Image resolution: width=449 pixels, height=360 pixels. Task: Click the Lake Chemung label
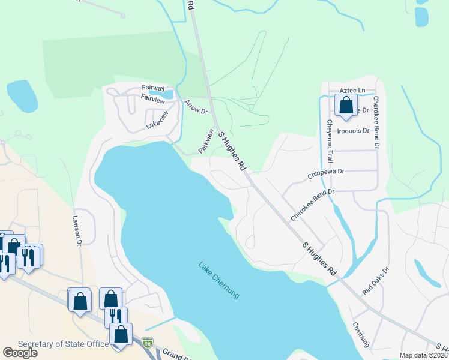click(218, 280)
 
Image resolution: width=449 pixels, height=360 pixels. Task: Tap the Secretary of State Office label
click(64, 344)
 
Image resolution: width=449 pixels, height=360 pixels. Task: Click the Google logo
click(20, 353)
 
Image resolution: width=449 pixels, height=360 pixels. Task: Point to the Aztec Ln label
click(352, 91)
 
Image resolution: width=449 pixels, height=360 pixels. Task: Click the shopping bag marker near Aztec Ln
click(346, 106)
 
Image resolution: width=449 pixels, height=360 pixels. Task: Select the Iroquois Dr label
click(352, 130)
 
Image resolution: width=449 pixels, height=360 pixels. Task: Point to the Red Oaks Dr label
click(376, 280)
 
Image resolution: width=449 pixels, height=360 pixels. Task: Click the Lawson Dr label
click(77, 231)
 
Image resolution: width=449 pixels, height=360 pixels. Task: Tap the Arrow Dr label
click(196, 107)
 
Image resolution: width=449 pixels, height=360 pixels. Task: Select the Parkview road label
click(206, 140)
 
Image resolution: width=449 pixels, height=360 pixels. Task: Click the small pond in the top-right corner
click(422, 16)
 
